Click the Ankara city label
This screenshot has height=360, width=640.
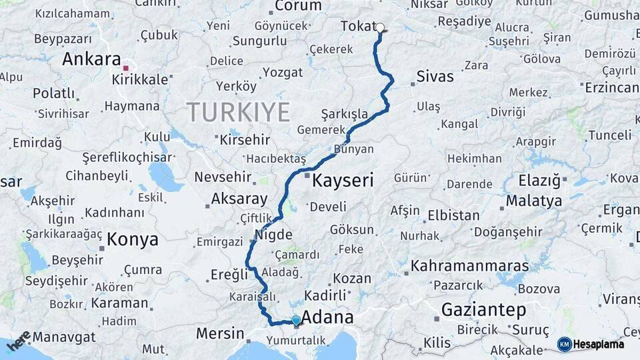[91, 59]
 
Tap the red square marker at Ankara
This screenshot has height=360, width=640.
[125, 67]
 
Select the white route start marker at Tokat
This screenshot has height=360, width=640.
[381, 28]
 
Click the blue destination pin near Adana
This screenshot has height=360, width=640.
[296, 321]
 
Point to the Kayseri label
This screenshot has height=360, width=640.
[343, 180]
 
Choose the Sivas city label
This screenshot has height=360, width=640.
[435, 76]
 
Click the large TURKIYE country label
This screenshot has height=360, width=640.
[238, 112]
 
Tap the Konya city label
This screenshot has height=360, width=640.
[133, 239]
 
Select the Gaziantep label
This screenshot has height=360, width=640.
[483, 309]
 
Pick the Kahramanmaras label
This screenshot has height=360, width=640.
[469, 265]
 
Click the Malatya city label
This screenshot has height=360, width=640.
[533, 200]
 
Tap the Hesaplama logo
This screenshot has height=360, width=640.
[591, 344]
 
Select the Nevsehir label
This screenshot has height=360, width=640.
[223, 177]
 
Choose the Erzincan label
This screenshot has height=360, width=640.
[612, 87]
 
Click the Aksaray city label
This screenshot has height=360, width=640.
[239, 199]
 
